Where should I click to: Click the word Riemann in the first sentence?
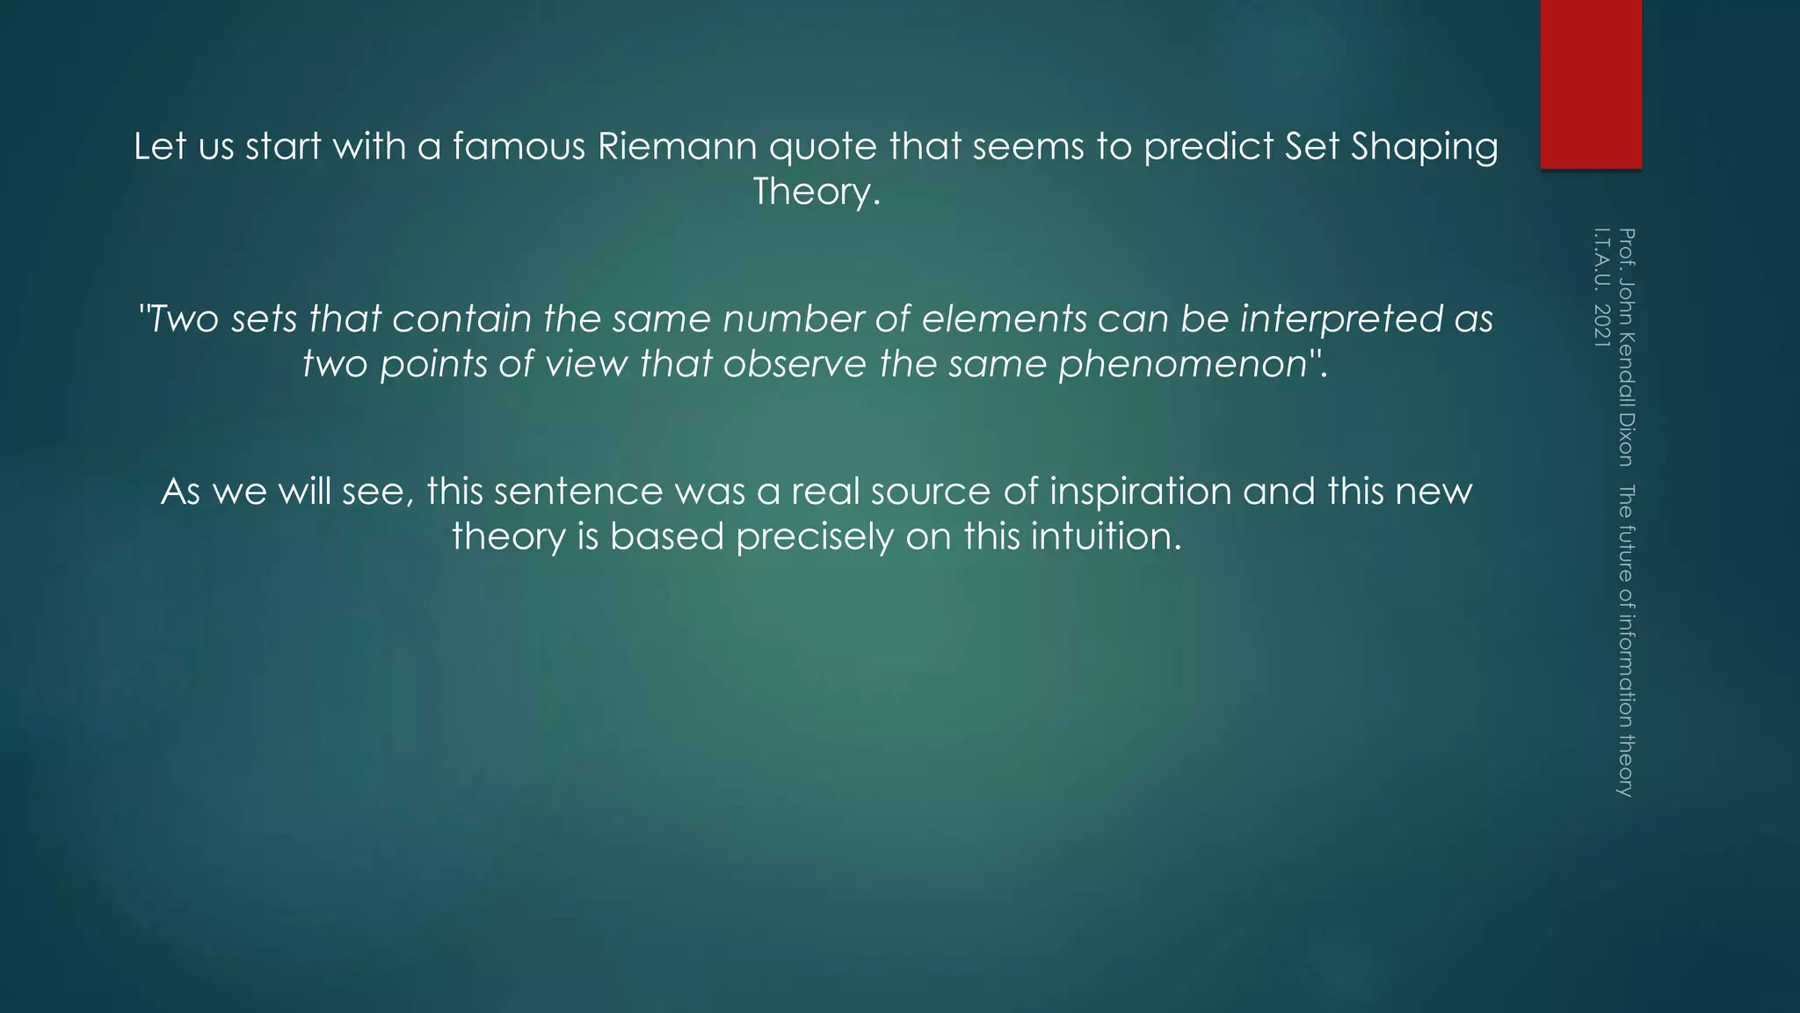click(677, 146)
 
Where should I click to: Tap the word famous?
click(519, 146)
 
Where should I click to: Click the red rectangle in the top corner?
click(1591, 84)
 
